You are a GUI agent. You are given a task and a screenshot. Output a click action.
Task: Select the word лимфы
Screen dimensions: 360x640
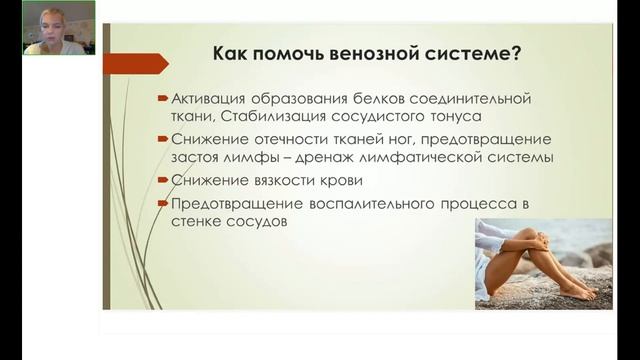click(289, 157)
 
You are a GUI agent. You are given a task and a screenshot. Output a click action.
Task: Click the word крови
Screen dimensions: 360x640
click(343, 180)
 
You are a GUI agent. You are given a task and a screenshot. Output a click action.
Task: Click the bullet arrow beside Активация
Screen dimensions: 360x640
click(164, 99)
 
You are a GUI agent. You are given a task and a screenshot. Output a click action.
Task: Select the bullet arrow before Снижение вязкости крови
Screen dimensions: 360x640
click(164, 181)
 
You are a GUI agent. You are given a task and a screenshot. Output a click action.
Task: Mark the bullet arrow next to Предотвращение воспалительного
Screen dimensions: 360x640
click(164, 205)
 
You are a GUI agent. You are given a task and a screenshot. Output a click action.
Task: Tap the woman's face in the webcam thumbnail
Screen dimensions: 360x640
click(44, 20)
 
